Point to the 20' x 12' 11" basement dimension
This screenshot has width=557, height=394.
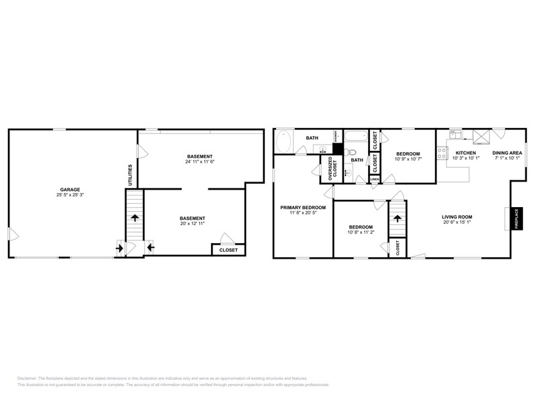tap(192, 224)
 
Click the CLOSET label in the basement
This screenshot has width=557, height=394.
tap(227, 250)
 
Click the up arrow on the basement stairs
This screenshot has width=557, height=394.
tap(135, 218)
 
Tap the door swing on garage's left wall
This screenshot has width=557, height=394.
tap(12, 235)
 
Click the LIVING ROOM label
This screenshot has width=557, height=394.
tap(457, 216)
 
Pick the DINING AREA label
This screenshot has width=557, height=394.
tap(507, 153)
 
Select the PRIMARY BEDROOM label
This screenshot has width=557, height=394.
tap(302, 208)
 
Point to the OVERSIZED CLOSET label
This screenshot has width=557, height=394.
tap(331, 168)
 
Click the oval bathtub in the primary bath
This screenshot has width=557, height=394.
tap(284, 141)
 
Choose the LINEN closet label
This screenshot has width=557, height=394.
tap(375, 180)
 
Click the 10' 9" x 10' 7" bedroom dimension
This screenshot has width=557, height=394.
tap(408, 159)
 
